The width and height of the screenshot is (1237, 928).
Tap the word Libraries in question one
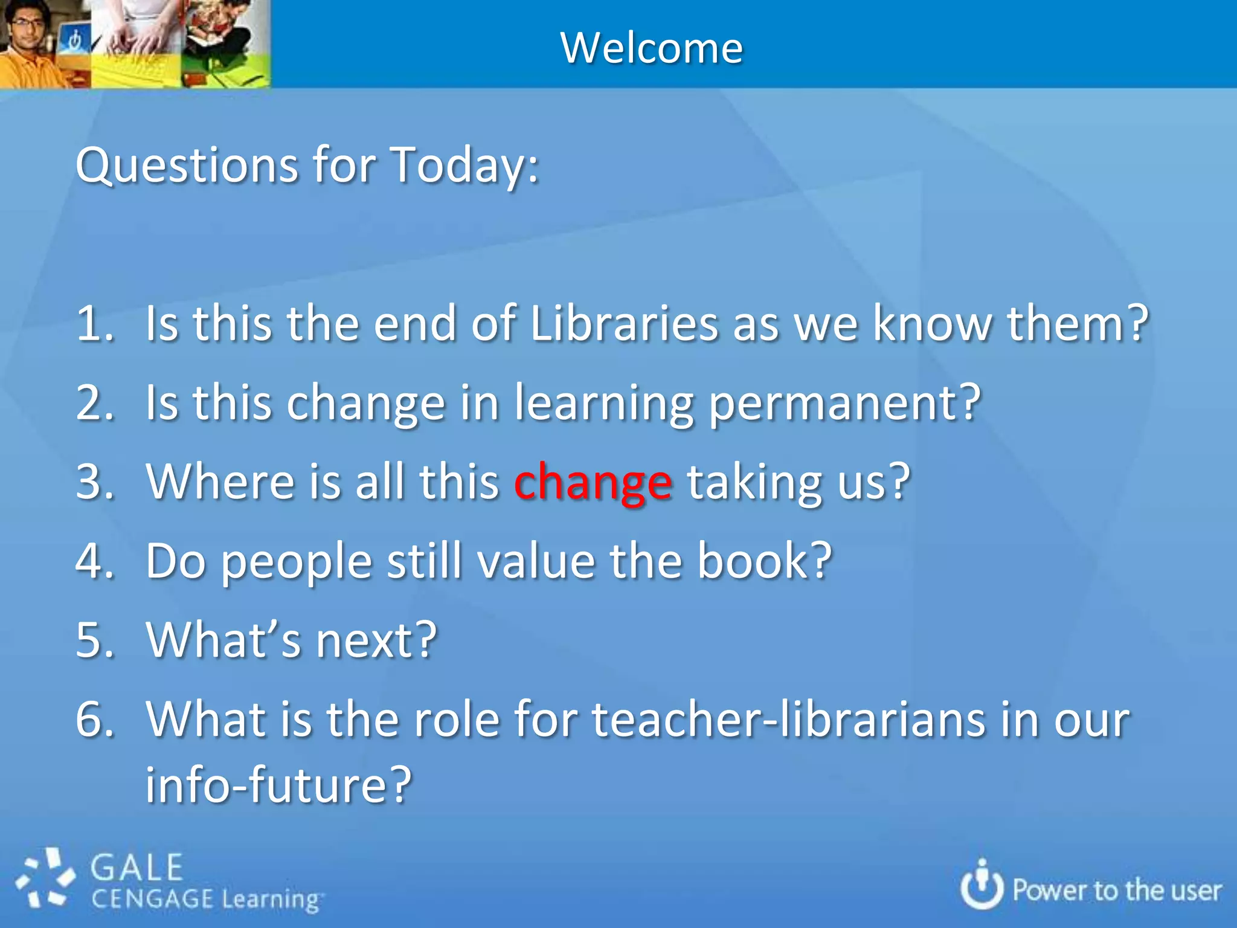pyautogui.click(x=623, y=324)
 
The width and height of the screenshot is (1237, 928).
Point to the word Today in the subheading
pyautogui.click(x=458, y=164)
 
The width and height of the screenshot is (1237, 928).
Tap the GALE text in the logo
pyautogui.click(x=137, y=868)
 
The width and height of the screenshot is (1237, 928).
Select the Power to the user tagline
pyautogui.click(x=1117, y=891)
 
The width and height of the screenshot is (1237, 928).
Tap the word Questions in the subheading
pyautogui.click(x=187, y=164)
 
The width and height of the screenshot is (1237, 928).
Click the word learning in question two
pyautogui.click(x=604, y=404)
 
